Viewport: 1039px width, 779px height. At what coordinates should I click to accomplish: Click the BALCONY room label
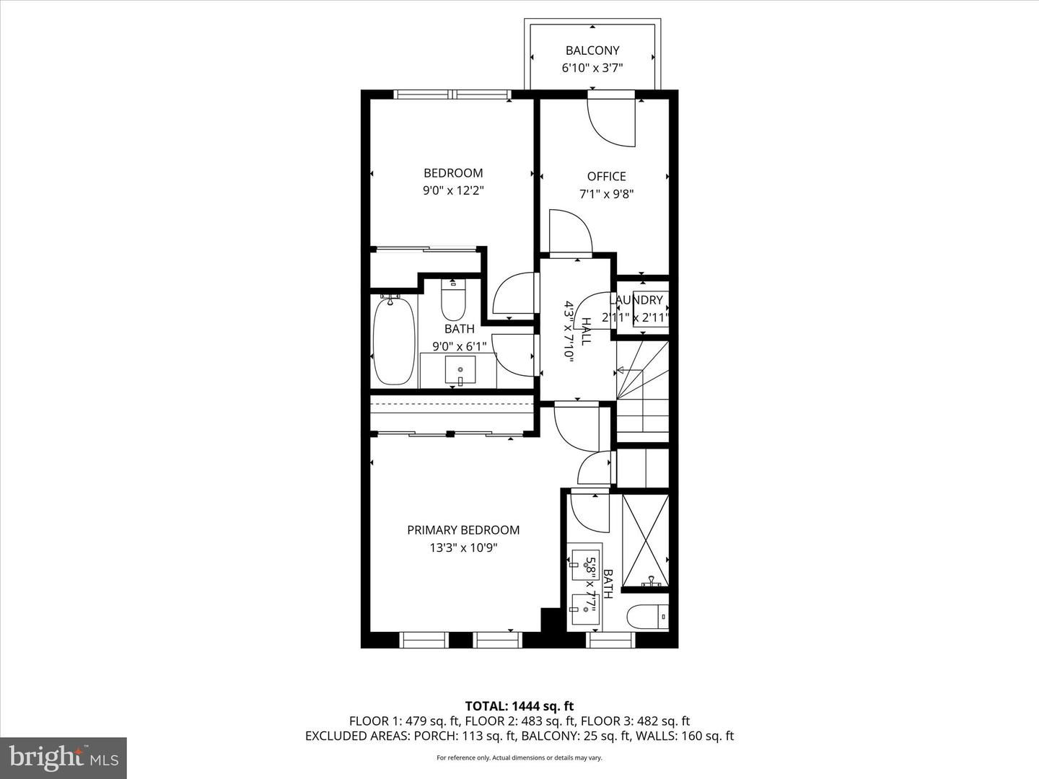(x=592, y=50)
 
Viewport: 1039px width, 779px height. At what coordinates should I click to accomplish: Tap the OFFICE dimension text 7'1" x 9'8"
(x=606, y=194)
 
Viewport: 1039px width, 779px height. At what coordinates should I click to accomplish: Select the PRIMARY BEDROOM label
(x=463, y=529)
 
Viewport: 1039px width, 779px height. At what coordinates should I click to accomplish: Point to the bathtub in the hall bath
(x=394, y=340)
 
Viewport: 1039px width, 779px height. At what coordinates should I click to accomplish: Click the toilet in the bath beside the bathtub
(x=453, y=300)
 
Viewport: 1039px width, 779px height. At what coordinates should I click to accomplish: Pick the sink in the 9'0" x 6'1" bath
(x=460, y=369)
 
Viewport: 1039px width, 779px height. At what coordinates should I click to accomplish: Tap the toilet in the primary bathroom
(x=647, y=617)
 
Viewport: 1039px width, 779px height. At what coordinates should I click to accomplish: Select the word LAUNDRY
(x=636, y=300)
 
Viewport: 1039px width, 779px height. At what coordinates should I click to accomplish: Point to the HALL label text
(x=586, y=331)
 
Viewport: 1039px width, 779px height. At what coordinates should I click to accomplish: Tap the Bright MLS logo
(x=63, y=757)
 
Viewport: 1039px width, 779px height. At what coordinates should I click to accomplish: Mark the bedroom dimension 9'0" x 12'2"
(x=453, y=190)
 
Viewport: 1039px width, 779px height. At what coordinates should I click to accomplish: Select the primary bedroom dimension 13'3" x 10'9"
(x=463, y=547)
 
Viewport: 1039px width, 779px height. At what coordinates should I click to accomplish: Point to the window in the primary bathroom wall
(x=610, y=641)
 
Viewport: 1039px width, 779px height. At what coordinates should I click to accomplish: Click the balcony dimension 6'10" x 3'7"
(x=592, y=68)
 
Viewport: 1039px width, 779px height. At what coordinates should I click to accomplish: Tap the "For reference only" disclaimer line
(x=519, y=757)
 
